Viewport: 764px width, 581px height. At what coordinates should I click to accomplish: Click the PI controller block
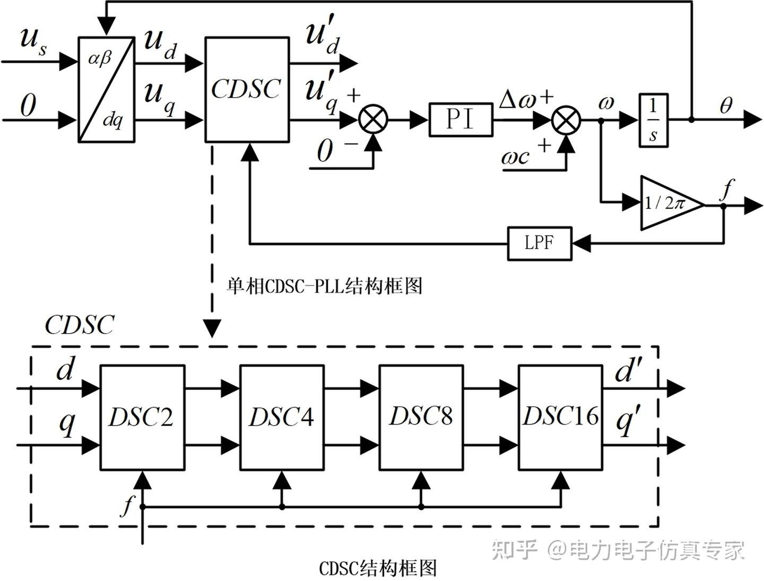(x=460, y=119)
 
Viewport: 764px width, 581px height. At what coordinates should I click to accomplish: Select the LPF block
(x=539, y=244)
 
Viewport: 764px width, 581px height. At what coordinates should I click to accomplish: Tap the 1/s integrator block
(x=653, y=120)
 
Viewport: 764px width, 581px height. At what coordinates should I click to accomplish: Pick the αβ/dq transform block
(x=106, y=89)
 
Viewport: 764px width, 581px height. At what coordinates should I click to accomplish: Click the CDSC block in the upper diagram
(x=247, y=89)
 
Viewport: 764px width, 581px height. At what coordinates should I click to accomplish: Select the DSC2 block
(x=142, y=417)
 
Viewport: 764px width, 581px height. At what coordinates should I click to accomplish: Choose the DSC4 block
(x=281, y=417)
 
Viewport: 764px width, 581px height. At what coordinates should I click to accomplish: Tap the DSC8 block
(x=421, y=417)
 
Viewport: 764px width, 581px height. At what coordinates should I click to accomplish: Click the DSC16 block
(x=560, y=417)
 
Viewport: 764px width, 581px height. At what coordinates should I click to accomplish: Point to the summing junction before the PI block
(x=374, y=119)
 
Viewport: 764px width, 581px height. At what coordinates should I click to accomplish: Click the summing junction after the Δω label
(x=566, y=120)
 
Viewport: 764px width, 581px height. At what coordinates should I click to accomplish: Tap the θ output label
(x=726, y=106)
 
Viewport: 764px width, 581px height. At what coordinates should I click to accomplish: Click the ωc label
(x=515, y=157)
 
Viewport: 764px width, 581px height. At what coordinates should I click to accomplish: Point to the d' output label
(x=629, y=371)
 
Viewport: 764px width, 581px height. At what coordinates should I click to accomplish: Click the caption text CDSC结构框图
(x=378, y=568)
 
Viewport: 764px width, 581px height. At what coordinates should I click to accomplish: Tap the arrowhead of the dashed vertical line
(x=212, y=329)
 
